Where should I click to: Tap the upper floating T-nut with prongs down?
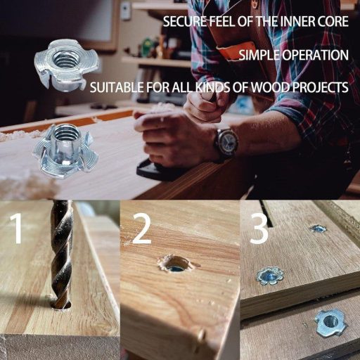[66, 65]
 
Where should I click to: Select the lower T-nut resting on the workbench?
[65, 152]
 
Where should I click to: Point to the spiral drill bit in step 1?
[62, 255]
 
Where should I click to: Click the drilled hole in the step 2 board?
[176, 264]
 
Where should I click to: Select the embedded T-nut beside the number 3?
[269, 276]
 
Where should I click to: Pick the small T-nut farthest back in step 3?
[319, 229]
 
